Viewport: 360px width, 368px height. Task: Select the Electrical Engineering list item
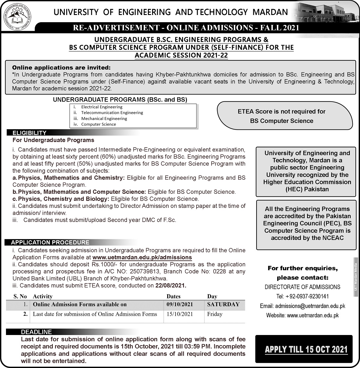coord(102,107)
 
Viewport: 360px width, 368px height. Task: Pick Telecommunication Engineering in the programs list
coord(112,113)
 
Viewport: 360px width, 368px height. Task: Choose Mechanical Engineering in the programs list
coord(104,118)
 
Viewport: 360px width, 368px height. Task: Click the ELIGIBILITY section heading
coord(29,133)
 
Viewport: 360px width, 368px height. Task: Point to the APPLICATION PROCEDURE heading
coord(50,242)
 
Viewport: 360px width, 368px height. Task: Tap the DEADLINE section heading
coord(36,332)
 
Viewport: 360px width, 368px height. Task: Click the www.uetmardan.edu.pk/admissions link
coord(142,257)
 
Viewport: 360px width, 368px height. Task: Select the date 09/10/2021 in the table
coord(180,304)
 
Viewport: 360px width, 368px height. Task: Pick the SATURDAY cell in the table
coord(223,304)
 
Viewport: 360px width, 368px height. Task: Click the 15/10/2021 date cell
coord(180,314)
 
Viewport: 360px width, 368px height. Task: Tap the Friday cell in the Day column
coord(215,314)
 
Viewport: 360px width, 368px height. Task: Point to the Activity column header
coord(43,296)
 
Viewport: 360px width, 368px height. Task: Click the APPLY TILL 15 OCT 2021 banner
coord(306,349)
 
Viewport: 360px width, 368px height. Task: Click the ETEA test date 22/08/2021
coord(171,286)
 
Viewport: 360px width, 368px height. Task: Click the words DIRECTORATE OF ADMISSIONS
coord(302,287)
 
